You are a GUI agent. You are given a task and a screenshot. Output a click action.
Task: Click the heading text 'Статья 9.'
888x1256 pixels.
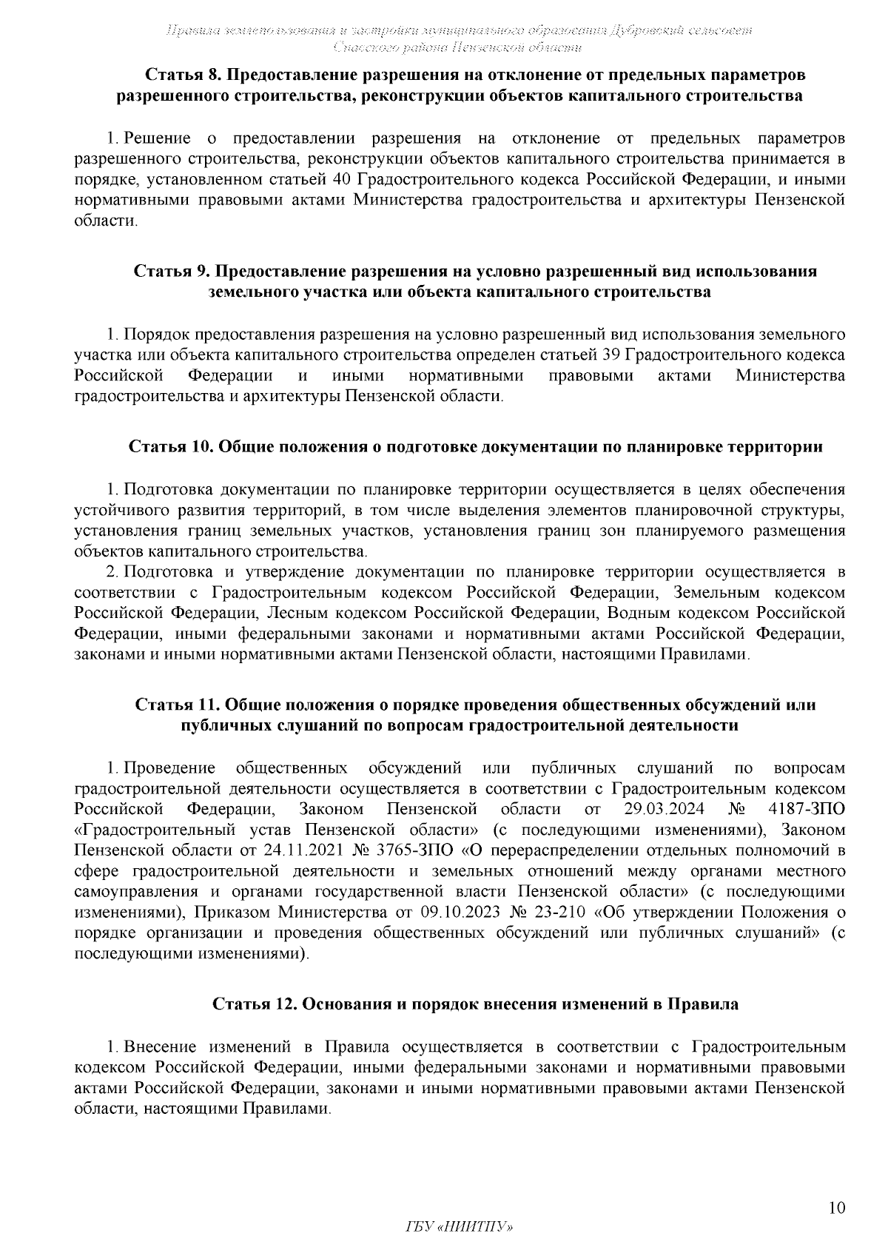tap(169, 272)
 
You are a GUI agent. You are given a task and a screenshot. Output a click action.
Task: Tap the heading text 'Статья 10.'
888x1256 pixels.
tap(169, 447)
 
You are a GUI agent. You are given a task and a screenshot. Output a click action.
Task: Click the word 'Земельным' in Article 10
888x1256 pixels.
tap(717, 592)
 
